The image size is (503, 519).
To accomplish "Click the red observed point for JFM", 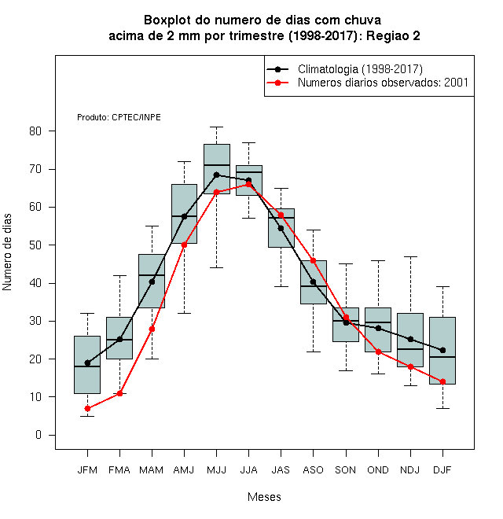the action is click(x=87, y=408).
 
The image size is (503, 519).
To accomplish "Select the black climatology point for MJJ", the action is click(x=216, y=175).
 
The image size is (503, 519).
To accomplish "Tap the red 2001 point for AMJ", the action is click(x=185, y=245).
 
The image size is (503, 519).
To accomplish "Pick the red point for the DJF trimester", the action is click(x=442, y=381).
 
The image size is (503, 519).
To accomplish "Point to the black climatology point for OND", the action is click(x=378, y=328).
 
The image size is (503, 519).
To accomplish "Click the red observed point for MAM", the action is click(x=152, y=329).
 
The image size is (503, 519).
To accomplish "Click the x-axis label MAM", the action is click(x=152, y=470).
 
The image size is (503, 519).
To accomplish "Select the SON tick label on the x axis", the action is click(x=346, y=470).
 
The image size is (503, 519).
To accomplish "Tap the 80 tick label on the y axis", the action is click(x=35, y=131).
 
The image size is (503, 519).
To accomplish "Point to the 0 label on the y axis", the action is click(x=39, y=435).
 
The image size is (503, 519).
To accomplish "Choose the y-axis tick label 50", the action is click(x=35, y=245).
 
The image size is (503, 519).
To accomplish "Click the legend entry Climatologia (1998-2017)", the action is click(x=360, y=69).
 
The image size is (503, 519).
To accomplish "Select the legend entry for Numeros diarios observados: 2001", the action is click(x=384, y=83).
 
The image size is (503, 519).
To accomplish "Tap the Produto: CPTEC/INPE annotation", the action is click(x=119, y=117).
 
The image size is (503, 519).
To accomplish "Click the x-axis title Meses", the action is click(x=264, y=497).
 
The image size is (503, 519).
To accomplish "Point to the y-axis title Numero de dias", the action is click(x=7, y=252).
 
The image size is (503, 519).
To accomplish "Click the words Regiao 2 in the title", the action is click(x=393, y=35).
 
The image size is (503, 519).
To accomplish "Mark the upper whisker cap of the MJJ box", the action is click(x=216, y=127).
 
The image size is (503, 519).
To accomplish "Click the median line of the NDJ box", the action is click(x=410, y=349).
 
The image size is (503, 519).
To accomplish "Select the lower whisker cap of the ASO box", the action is click(x=313, y=352).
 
